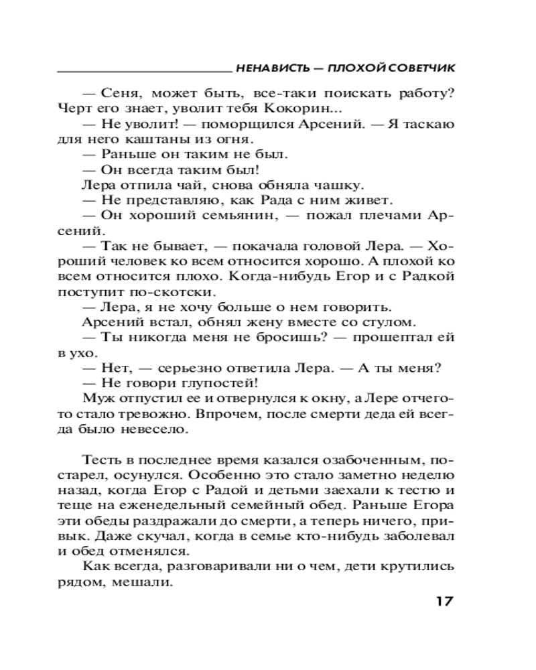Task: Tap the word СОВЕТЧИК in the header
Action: pos(421,68)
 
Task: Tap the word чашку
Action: pos(341,185)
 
